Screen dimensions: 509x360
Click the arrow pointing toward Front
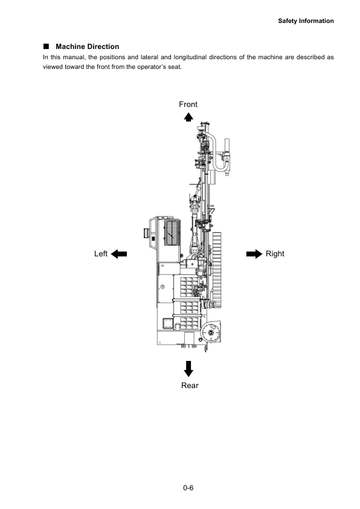click(188, 117)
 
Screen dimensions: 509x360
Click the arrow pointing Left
click(119, 254)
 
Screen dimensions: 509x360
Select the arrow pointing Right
click(254, 254)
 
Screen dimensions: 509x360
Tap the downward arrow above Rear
click(188, 369)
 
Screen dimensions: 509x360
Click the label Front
click(188, 105)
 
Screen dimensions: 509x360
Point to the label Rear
click(190, 386)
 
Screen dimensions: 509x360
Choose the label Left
click(101, 254)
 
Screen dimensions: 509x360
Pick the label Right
click(275, 254)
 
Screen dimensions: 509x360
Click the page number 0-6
click(188, 487)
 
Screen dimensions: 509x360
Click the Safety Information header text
click(306, 21)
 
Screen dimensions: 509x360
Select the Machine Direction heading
click(87, 47)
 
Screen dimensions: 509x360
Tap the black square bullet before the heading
click(46, 47)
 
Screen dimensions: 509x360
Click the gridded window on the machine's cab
click(172, 232)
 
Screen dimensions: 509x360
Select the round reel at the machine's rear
click(211, 333)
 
